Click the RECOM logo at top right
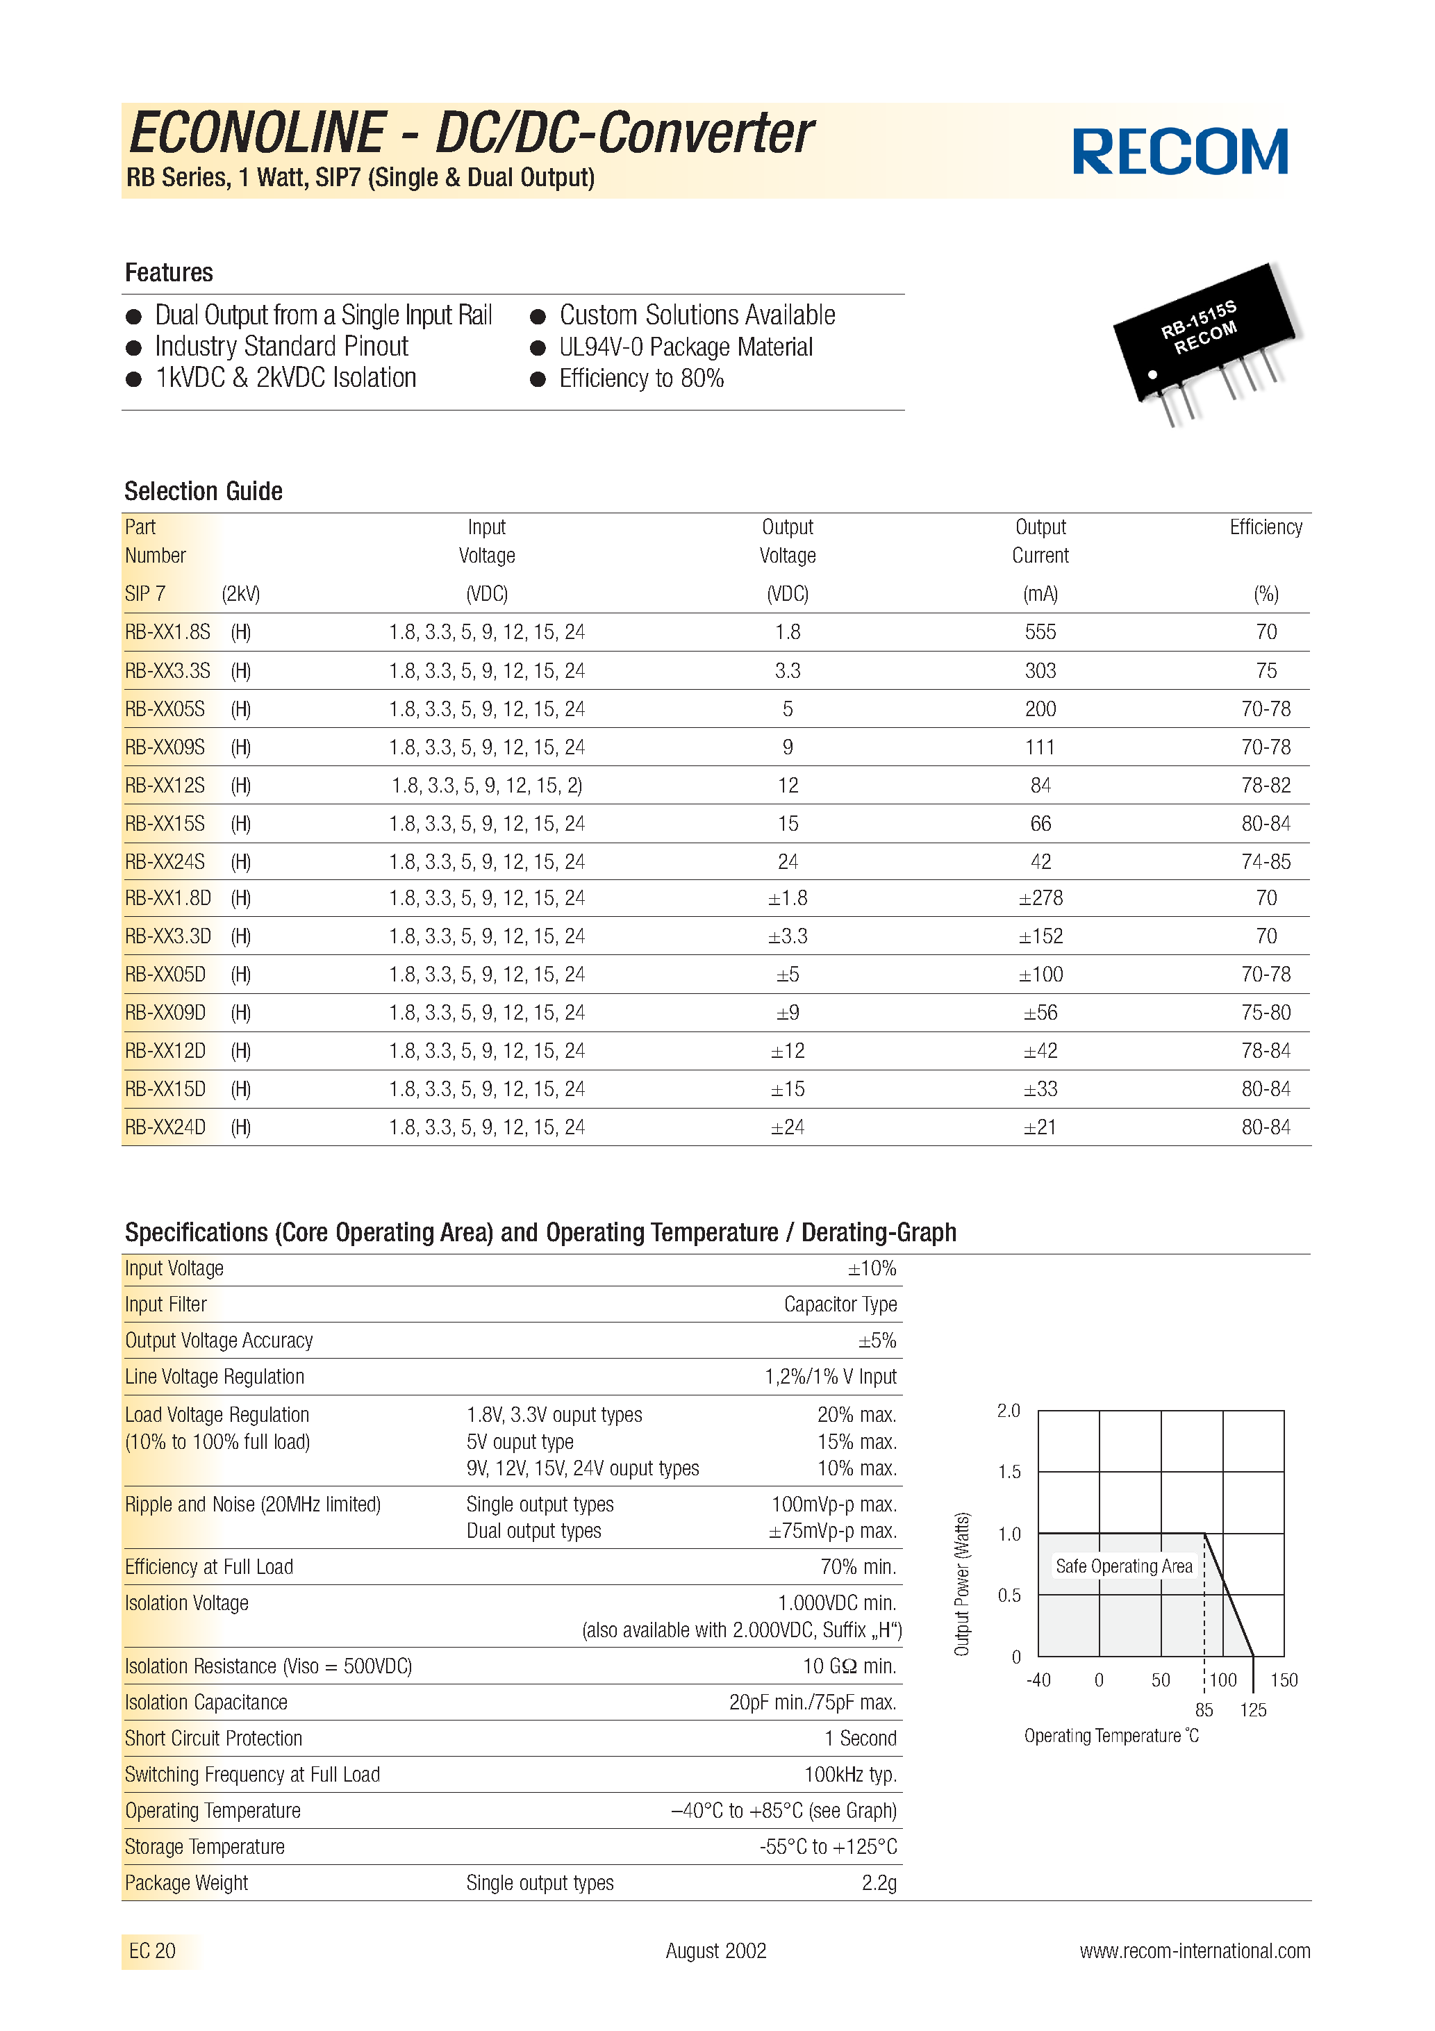pos(1179,151)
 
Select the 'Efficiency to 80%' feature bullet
pos(640,379)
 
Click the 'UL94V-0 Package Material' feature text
pos(685,347)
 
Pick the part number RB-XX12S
pos(165,786)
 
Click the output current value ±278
pos(1040,899)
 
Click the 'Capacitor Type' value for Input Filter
pos(840,1304)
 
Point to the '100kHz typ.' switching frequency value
pos(849,1775)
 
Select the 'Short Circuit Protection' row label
pos(213,1738)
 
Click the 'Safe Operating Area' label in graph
pos(1124,1566)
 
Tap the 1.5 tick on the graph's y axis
pos(1009,1472)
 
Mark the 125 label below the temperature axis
pos(1253,1710)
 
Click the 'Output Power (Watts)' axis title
pos(962,1584)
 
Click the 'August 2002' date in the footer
pos(715,1950)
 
